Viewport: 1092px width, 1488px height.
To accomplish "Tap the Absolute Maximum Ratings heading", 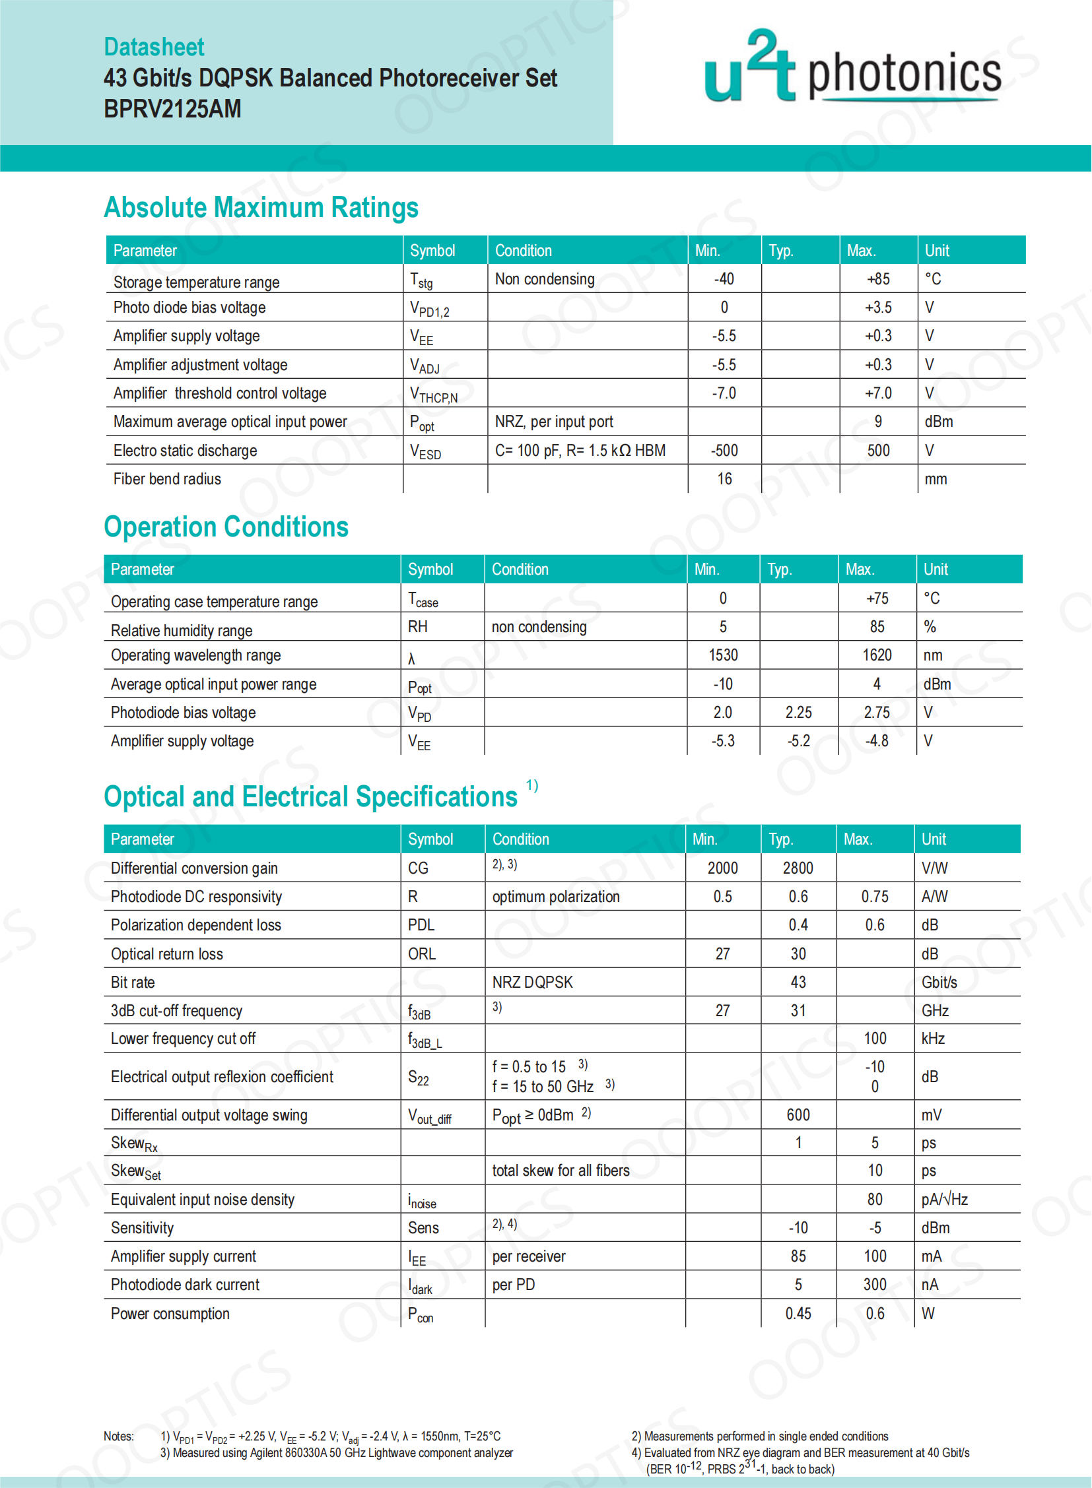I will (261, 207).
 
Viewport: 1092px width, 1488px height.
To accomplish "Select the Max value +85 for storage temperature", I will (878, 279).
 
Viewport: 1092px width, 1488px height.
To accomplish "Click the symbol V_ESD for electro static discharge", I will (425, 451).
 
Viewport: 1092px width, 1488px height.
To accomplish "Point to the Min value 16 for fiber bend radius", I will (724, 479).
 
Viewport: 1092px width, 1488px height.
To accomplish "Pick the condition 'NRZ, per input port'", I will (554, 422).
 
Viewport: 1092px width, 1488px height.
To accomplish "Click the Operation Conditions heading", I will (226, 527).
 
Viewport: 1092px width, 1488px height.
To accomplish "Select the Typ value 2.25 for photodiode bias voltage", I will (798, 712).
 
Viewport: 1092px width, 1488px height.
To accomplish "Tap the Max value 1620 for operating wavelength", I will (877, 655).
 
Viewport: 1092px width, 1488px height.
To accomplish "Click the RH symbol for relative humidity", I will (417, 626).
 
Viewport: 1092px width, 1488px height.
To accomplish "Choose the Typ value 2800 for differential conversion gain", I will (798, 868).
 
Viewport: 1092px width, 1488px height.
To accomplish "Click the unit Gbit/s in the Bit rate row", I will (939, 982).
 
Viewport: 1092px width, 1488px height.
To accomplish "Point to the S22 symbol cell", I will (419, 1078).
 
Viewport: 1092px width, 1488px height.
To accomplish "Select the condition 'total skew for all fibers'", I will (561, 1170).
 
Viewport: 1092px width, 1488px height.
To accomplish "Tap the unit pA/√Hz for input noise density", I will (944, 1199).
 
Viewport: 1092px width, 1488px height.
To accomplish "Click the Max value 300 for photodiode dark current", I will (875, 1285).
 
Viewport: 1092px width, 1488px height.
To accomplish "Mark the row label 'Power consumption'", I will (170, 1314).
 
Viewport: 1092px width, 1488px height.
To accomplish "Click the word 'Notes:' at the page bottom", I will (118, 1436).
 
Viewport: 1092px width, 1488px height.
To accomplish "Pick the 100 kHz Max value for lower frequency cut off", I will (875, 1038).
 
